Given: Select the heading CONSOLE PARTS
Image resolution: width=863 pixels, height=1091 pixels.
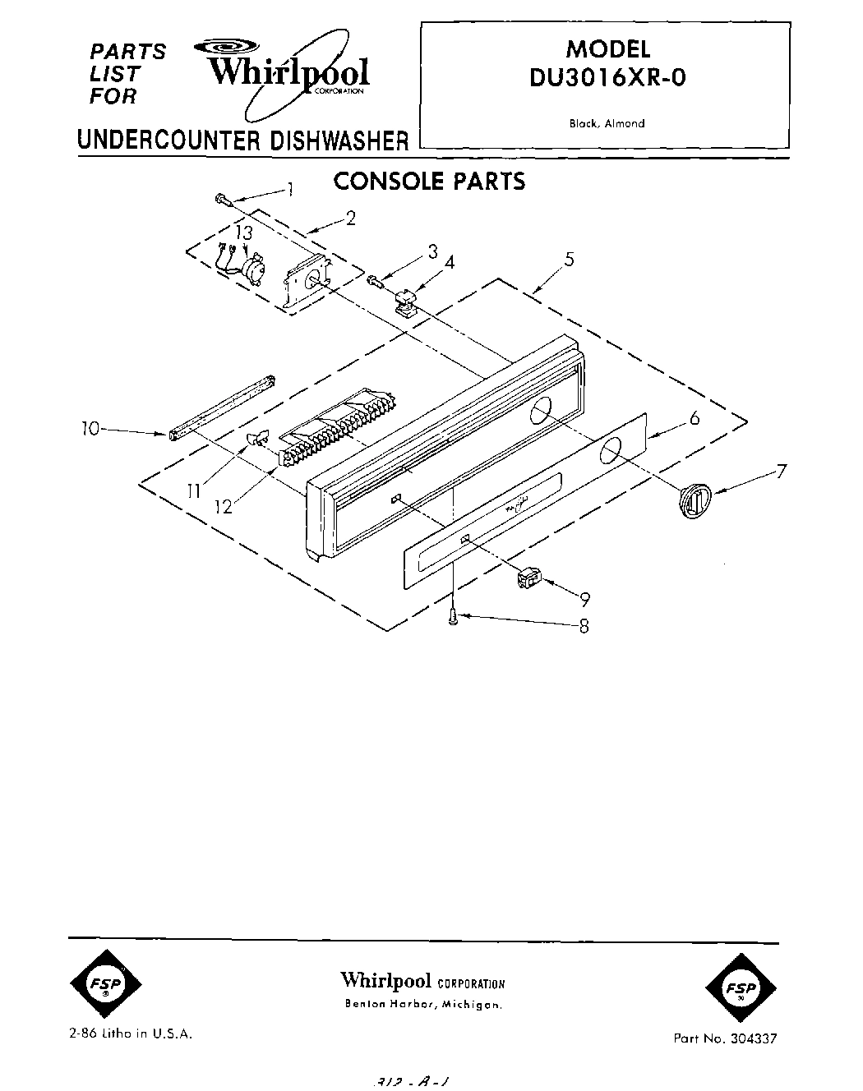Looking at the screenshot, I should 428,181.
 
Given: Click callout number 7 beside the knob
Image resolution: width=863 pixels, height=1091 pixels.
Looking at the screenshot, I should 781,472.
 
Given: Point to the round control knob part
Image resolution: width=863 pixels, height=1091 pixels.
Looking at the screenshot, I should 694,499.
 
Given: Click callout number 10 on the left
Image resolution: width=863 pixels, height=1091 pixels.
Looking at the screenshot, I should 90,428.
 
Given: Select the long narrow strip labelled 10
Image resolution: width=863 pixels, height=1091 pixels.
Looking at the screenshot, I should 222,407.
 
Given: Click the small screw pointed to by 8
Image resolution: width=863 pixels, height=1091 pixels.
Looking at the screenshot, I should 453,619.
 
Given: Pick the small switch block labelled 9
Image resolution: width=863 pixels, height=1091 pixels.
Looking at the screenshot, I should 528,580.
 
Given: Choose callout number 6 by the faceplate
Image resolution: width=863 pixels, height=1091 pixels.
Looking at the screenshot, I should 694,419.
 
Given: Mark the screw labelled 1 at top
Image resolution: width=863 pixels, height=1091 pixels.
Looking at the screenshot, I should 223,199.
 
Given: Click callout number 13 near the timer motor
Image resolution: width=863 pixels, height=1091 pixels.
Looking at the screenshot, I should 242,232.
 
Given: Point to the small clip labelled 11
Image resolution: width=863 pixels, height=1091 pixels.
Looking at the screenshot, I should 257,440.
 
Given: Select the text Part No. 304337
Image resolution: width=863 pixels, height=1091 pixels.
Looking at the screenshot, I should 724,1038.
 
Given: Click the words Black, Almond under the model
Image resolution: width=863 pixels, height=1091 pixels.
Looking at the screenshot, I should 607,124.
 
